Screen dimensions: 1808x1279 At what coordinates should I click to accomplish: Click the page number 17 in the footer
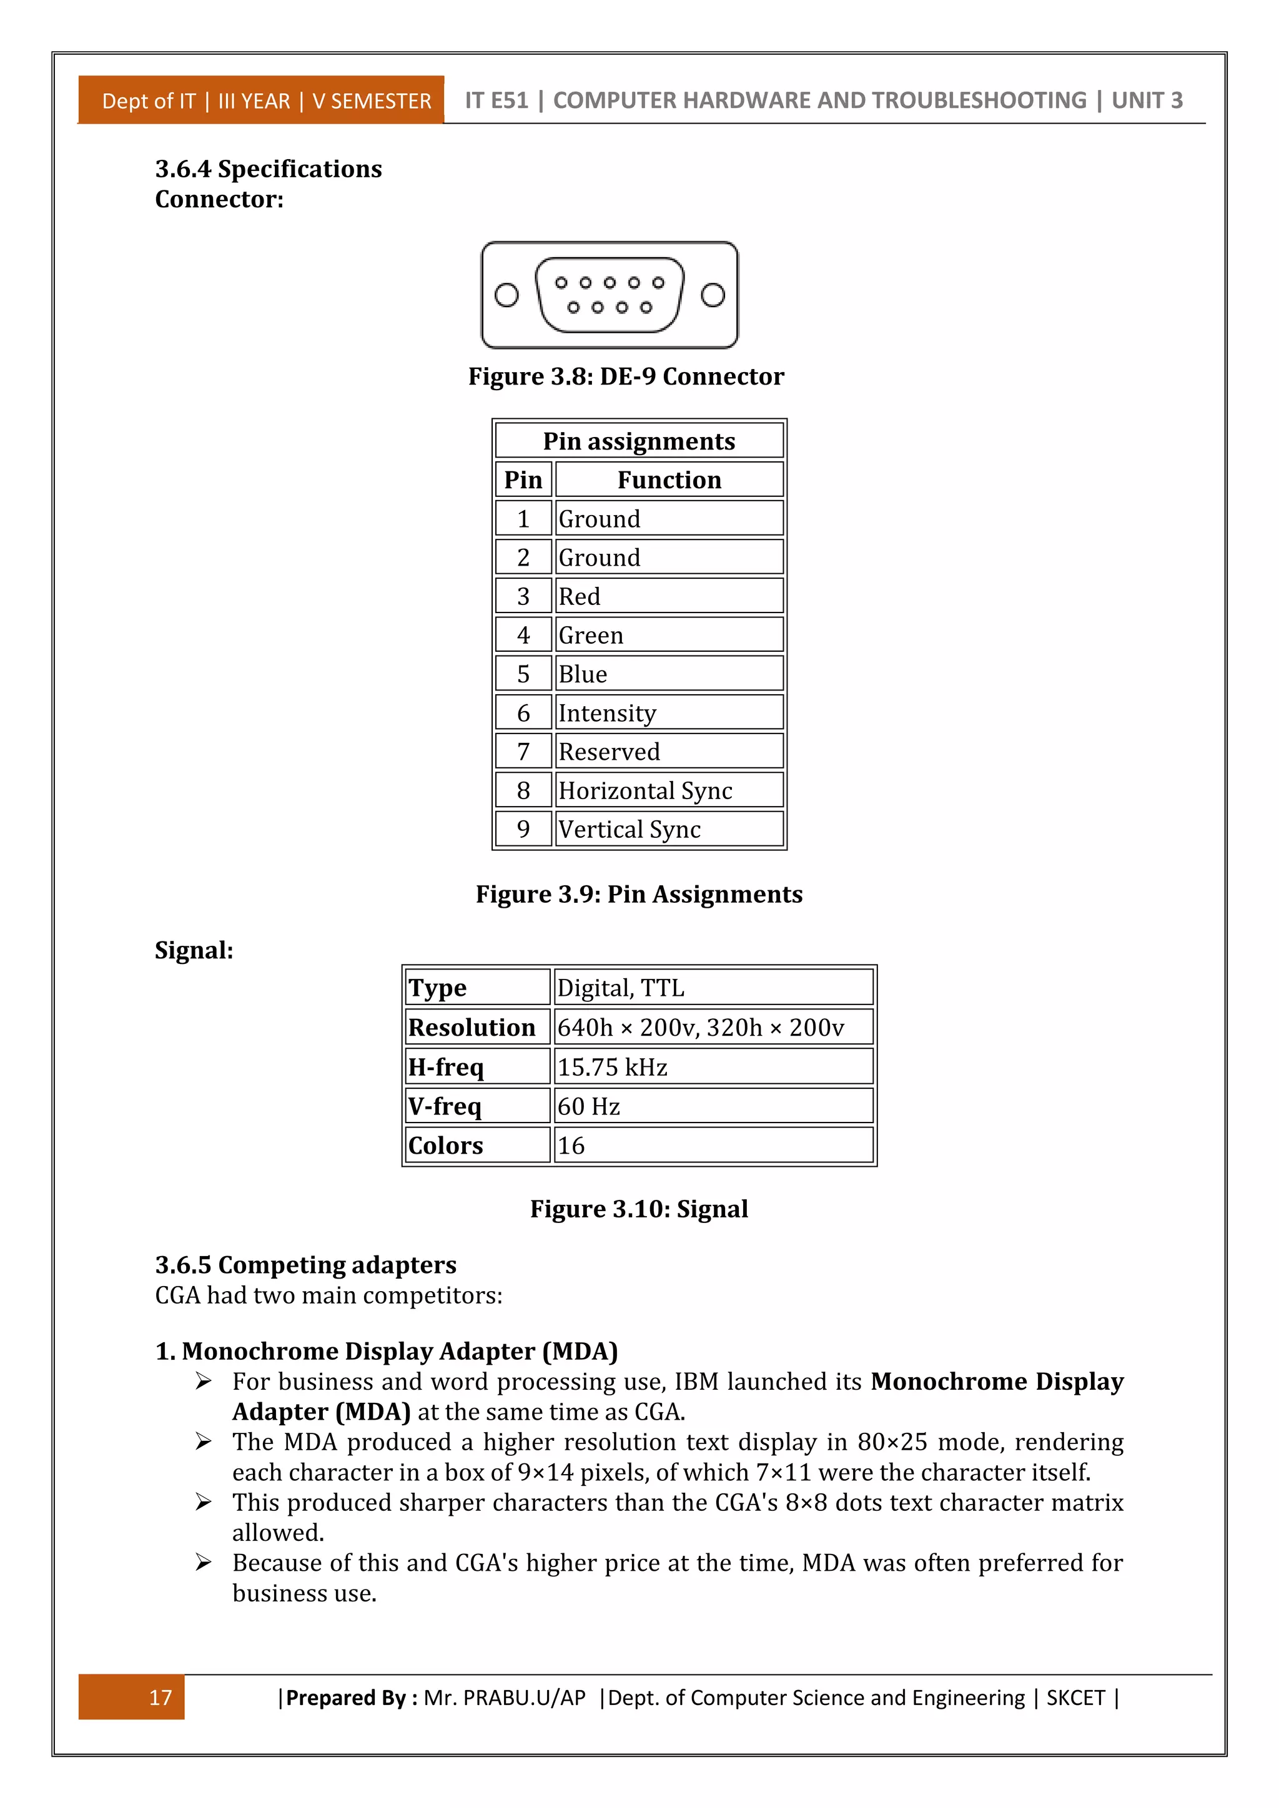tap(160, 1697)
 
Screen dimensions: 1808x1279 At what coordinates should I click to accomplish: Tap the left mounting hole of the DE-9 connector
tap(506, 295)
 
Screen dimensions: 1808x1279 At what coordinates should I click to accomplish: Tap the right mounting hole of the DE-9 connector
tap(713, 295)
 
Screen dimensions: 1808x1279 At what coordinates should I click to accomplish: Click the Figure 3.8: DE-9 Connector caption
tap(626, 376)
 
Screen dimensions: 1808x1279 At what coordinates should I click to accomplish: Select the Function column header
tap(669, 479)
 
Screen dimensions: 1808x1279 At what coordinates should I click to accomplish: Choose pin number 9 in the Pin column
tap(523, 828)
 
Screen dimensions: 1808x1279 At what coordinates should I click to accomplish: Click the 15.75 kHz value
tap(612, 1067)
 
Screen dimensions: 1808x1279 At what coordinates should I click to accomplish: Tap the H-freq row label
tap(446, 1067)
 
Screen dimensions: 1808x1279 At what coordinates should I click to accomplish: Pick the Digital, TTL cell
tap(621, 988)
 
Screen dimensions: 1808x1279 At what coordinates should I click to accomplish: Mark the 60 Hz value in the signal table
tap(588, 1106)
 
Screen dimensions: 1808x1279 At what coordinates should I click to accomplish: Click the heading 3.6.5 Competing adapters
tap(305, 1265)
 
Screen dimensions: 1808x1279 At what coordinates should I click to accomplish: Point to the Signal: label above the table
tap(194, 950)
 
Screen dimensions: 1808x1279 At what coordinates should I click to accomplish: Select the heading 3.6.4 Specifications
tap(269, 169)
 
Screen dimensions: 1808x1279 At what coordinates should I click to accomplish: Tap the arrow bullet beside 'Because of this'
tap(203, 1562)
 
